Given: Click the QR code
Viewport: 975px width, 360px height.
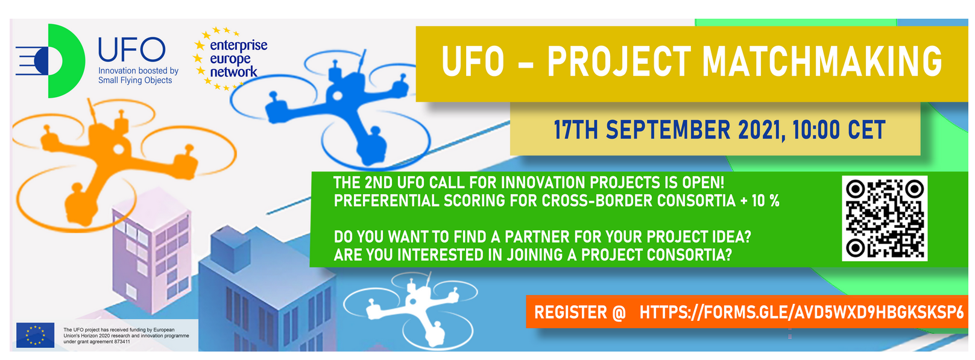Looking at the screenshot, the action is [x=885, y=218].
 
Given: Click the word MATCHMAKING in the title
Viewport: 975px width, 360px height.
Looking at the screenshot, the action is [x=822, y=62].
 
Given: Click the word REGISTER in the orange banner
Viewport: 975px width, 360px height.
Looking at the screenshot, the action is [x=570, y=312].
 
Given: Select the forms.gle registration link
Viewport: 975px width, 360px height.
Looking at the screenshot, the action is [x=801, y=312].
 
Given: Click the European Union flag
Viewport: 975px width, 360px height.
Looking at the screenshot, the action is [x=35, y=335].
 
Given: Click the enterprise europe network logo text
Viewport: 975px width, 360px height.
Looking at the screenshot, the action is [x=238, y=58].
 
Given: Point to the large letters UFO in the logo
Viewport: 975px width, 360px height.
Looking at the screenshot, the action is [x=131, y=49].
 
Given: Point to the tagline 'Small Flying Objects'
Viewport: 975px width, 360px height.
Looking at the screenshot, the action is [x=135, y=80].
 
